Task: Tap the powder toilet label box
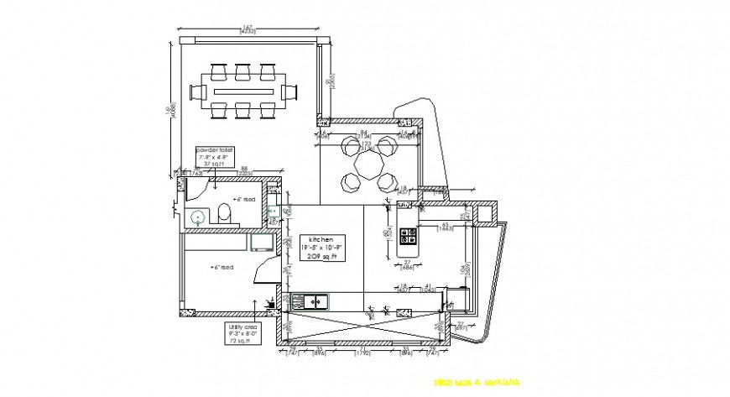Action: coord(216,156)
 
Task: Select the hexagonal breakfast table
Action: coord(368,163)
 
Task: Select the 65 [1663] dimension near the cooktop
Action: coord(446,225)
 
